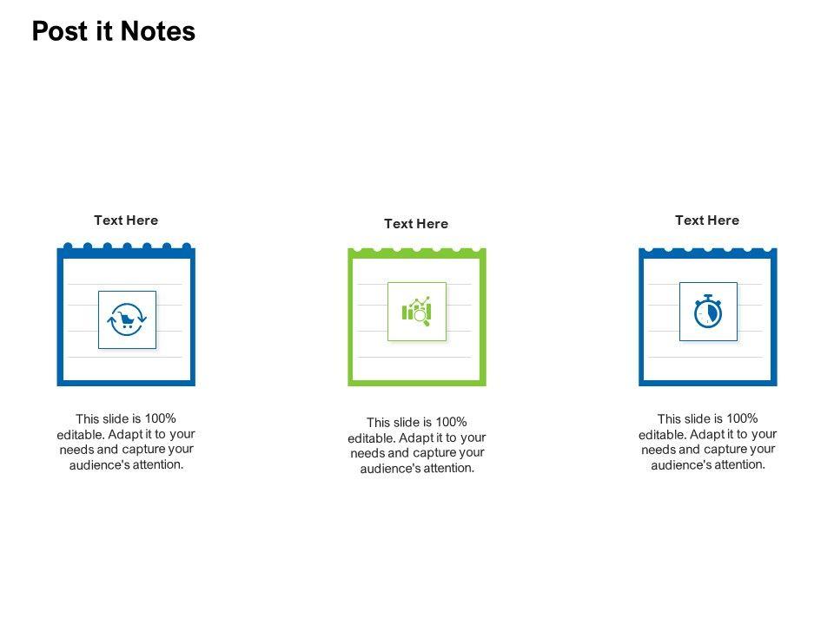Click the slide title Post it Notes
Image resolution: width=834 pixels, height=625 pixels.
(x=114, y=31)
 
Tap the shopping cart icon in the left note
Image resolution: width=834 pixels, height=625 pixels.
(x=127, y=319)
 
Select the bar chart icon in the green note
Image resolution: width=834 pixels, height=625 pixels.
(x=417, y=311)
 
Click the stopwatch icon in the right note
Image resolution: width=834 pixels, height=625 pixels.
(x=708, y=312)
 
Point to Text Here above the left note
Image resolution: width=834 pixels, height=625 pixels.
(x=126, y=220)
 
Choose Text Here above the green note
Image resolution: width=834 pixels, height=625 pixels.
(x=416, y=224)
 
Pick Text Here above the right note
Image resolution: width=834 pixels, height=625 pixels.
(x=707, y=220)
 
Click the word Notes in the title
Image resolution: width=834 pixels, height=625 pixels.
(x=158, y=31)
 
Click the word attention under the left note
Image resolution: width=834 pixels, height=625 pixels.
(x=158, y=464)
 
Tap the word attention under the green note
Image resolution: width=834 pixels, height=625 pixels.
(x=449, y=468)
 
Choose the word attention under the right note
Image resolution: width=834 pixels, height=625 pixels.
(x=740, y=464)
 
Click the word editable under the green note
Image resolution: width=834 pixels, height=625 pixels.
(x=372, y=437)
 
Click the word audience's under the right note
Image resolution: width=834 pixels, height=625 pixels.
(x=680, y=464)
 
